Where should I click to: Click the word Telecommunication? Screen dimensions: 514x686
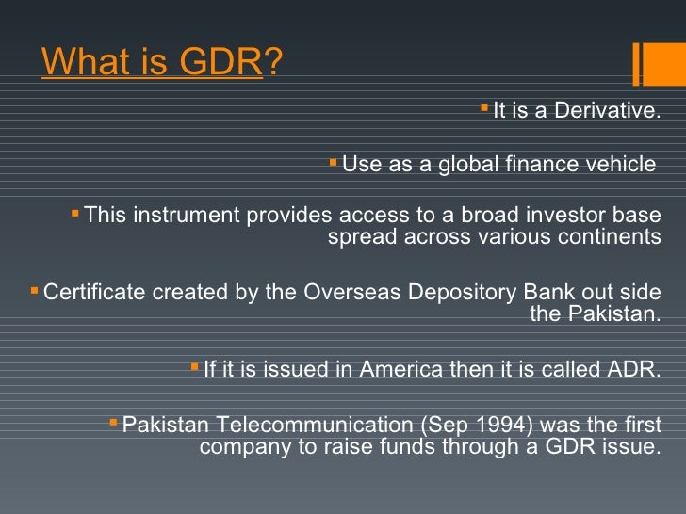point(293,425)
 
